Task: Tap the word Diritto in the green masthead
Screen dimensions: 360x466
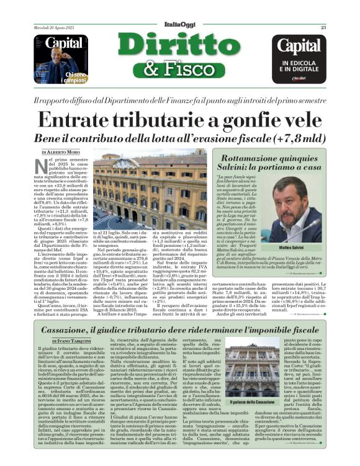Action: click(179, 47)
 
